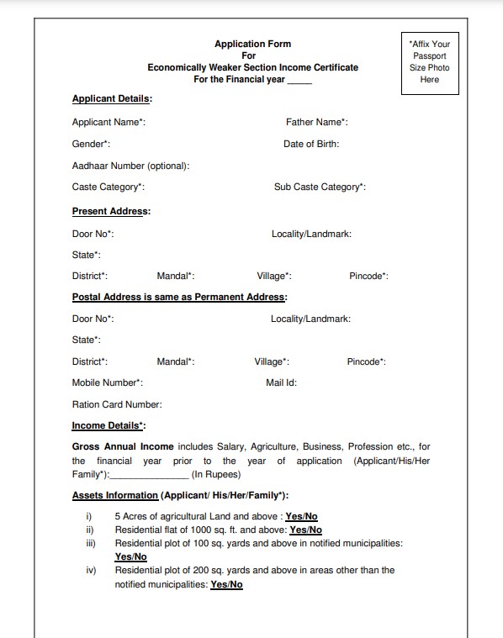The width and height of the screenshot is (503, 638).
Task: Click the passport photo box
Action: [x=429, y=61]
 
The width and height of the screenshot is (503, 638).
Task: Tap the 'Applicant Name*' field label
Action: [x=109, y=123]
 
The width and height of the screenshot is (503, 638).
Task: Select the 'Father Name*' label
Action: [x=316, y=123]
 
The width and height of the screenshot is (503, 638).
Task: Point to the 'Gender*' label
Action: [x=91, y=145]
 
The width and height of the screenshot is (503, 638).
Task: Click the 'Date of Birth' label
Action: [x=311, y=145]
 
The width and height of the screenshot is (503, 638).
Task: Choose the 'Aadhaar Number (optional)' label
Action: [x=130, y=166]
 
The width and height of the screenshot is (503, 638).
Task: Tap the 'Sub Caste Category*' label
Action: [x=320, y=187]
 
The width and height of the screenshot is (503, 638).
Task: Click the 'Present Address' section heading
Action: [x=111, y=211]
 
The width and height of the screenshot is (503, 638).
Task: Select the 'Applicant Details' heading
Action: [x=112, y=99]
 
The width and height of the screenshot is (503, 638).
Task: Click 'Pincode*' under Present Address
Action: [x=368, y=276]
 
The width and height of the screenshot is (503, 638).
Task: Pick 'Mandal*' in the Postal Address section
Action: [x=176, y=362]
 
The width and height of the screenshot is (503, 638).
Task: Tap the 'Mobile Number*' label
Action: [x=108, y=383]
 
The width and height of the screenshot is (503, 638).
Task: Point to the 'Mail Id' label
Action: [x=281, y=383]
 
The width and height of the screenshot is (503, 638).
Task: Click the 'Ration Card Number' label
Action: [x=117, y=405]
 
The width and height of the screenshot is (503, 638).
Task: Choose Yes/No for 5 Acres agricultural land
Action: [x=301, y=517]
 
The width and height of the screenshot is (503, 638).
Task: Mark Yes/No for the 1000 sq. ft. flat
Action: [x=305, y=530]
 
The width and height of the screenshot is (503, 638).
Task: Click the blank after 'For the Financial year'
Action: [x=299, y=81]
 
